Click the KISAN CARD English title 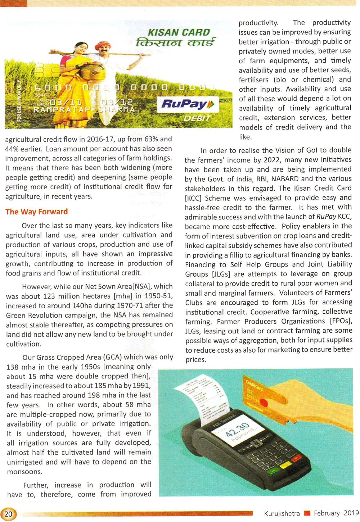[179, 32]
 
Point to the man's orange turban [102, 45]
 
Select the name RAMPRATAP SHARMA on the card [84, 109]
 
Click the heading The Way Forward [36, 212]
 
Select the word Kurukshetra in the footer [282, 513]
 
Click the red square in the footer [307, 513]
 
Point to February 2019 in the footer [336, 513]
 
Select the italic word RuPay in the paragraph [326, 217]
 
